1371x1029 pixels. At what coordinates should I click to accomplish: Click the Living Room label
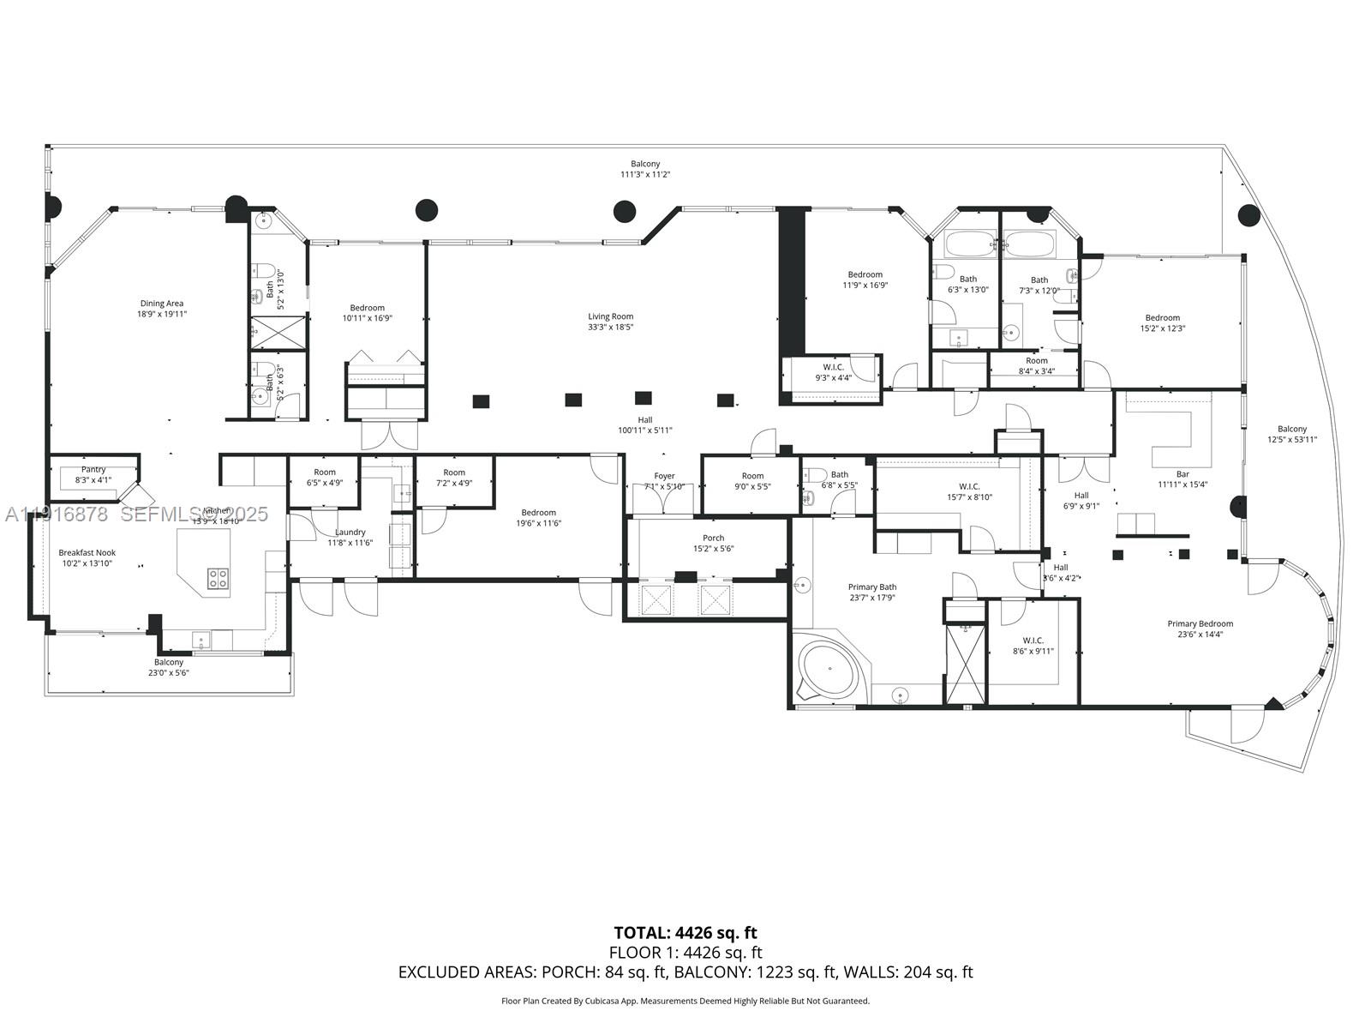(x=610, y=316)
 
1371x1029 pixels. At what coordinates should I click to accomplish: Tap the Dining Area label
(x=162, y=304)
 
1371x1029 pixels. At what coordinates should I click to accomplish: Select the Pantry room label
(x=93, y=470)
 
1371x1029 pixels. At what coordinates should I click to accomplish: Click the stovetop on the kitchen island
(x=218, y=578)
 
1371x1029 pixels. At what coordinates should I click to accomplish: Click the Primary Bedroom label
(x=1200, y=623)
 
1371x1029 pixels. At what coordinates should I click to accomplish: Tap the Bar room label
(x=1182, y=474)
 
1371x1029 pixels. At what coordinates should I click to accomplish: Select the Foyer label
(x=664, y=476)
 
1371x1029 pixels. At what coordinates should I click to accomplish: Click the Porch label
(x=713, y=538)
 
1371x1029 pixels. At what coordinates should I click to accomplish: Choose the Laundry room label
(x=350, y=533)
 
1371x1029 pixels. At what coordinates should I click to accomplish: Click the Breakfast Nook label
(x=87, y=553)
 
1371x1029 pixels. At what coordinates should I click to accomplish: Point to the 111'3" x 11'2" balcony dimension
(x=645, y=175)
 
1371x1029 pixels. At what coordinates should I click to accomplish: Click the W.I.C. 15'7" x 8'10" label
(x=969, y=487)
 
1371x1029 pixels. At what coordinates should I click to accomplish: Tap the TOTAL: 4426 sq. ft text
(x=685, y=933)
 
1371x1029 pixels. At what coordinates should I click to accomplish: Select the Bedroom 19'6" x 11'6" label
(x=538, y=513)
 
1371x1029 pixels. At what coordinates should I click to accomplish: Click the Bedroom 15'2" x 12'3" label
(x=1162, y=318)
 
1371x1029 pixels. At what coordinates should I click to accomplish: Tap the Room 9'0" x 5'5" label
(x=751, y=476)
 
